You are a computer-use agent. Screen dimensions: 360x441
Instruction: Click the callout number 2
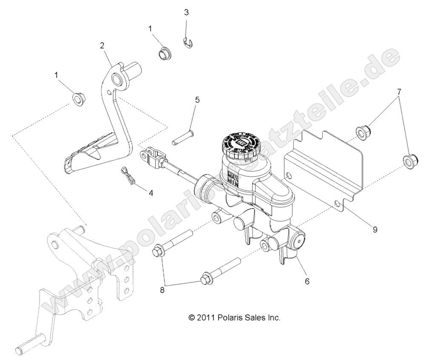click(x=102, y=46)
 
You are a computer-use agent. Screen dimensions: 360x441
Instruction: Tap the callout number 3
click(x=186, y=12)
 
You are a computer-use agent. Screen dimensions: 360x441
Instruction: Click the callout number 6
click(x=306, y=281)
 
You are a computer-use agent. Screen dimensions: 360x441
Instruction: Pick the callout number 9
click(x=375, y=229)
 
